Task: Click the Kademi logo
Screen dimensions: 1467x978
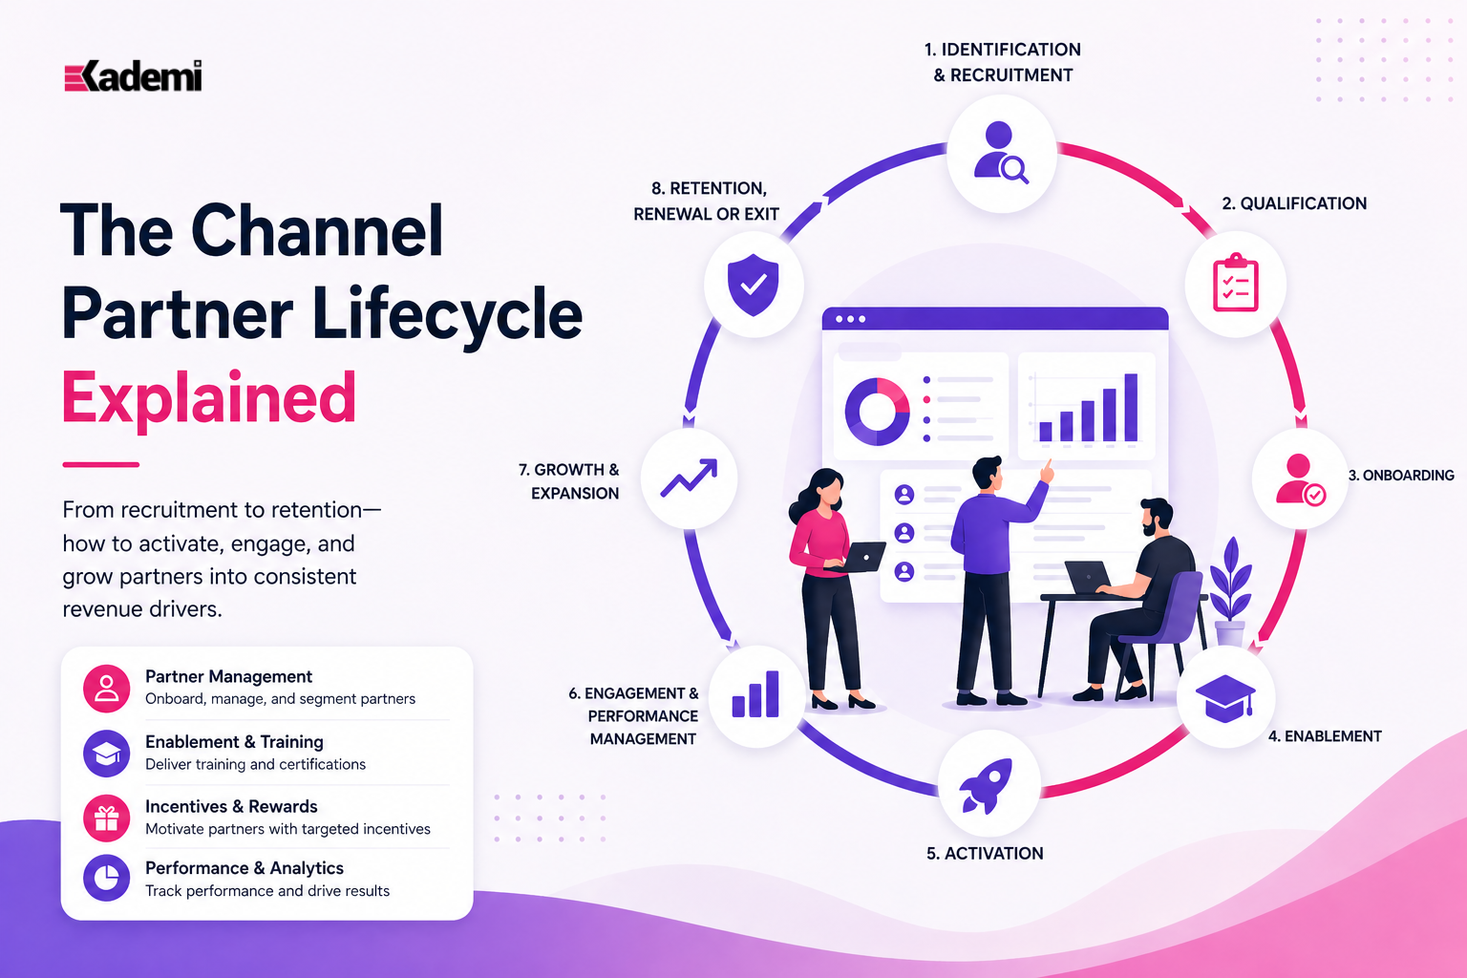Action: [133, 76]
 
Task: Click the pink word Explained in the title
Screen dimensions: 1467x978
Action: [209, 397]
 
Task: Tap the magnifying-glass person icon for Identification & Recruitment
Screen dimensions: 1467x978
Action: [1001, 153]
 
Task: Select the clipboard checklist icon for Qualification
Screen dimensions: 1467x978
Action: [1235, 283]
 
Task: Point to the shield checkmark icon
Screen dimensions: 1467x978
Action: [754, 285]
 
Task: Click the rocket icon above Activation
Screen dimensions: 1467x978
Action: [987, 785]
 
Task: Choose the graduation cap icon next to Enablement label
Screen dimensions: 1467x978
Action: [1225, 697]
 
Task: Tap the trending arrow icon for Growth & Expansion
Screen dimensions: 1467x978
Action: [689, 478]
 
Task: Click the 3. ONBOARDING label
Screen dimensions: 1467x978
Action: [1401, 476]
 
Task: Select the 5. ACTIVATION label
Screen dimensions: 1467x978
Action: [985, 854]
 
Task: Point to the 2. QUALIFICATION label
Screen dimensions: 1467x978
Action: [1294, 203]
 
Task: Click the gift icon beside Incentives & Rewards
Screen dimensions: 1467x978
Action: [106, 819]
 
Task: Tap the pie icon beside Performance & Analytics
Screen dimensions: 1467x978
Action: [106, 878]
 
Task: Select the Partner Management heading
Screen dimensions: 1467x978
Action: [228, 676]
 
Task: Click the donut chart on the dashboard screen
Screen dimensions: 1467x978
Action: [877, 412]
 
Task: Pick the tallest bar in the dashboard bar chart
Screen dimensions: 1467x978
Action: [1131, 408]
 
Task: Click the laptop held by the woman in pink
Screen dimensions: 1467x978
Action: [857, 558]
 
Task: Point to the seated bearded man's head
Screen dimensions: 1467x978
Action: [1157, 517]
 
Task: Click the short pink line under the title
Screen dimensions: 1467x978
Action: [101, 464]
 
